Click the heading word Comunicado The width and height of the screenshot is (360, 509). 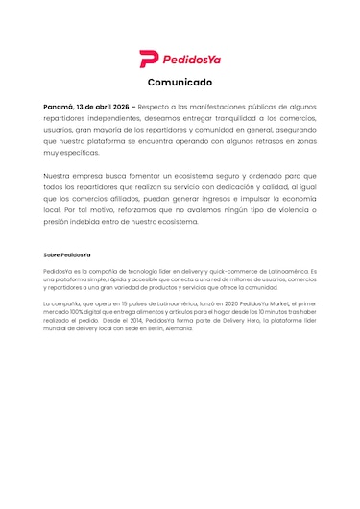[180, 82]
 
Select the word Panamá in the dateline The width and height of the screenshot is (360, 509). [63, 106]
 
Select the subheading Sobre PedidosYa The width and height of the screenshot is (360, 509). [67, 254]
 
